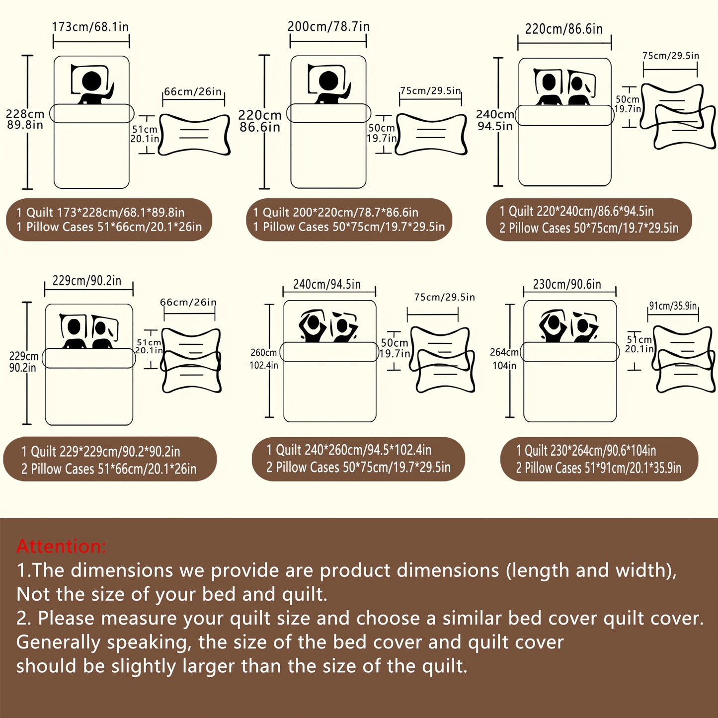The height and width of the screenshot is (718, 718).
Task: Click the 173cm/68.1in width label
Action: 90,27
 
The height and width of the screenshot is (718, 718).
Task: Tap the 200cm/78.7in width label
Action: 328,26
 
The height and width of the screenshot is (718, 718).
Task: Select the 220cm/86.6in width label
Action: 564,29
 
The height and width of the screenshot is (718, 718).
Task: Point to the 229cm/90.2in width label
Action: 87,280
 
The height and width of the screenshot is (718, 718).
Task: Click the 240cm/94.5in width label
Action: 327,284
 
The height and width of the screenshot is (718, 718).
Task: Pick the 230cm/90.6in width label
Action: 567,284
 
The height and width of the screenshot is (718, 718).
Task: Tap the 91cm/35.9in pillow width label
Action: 673,306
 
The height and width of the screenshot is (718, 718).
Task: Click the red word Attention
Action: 61,546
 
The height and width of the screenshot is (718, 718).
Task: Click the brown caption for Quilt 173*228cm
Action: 109,220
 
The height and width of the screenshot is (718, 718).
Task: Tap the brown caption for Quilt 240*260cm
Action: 358,459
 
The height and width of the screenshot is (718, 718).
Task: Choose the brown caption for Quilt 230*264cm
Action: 599,459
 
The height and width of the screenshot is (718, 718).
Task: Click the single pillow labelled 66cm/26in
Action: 194,135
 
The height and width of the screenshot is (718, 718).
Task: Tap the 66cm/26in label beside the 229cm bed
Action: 188,302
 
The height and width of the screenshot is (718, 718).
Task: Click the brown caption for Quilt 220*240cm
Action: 589,220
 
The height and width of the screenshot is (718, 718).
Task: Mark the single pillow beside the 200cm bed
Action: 431,134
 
